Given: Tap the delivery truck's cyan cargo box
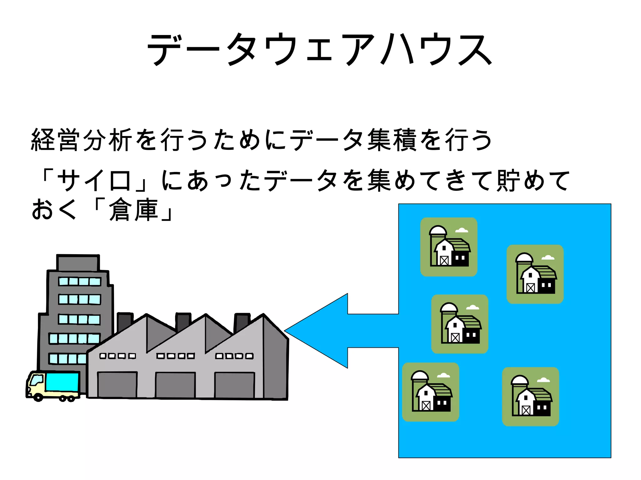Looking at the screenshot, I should pos(62,382).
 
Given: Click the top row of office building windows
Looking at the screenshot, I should pos(79,281).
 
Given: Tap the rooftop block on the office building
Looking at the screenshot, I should pos(78,263).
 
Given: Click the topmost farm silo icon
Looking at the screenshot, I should pos(449,247).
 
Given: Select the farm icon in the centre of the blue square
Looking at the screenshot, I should pos(459,324).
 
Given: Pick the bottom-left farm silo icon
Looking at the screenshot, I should pos(431,392).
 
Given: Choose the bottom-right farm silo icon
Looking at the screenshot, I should pos(531,397).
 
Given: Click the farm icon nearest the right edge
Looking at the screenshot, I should pos(535,274).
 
